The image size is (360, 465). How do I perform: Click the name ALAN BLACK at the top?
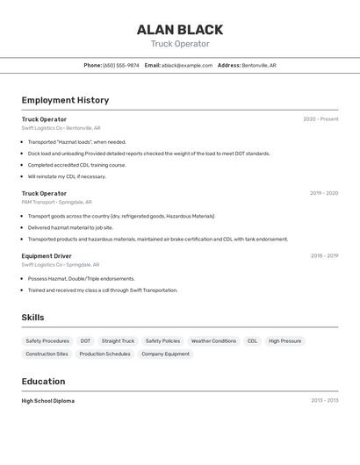pyautogui.click(x=180, y=29)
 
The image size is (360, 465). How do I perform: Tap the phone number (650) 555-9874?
pyautogui.click(x=121, y=65)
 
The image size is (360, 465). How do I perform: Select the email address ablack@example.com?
pyautogui.click(x=187, y=65)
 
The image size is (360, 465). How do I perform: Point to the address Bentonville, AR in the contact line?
pyautogui.click(x=259, y=65)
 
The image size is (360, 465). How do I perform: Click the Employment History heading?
pyautogui.click(x=65, y=100)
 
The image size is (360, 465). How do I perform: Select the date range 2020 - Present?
pyautogui.click(x=320, y=119)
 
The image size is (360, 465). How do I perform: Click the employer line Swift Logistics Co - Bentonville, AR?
pyautogui.click(x=61, y=128)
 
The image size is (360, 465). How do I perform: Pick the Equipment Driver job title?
pyautogui.click(x=47, y=256)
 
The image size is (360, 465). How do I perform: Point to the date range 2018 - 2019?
pyautogui.click(x=324, y=256)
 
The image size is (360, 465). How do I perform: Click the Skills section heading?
pyautogui.click(x=33, y=317)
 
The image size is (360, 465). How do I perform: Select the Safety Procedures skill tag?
pyautogui.click(x=47, y=341)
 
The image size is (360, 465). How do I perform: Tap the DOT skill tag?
pyautogui.click(x=85, y=341)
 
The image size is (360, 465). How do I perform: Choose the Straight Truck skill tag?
pyautogui.click(x=118, y=341)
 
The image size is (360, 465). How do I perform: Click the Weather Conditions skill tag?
pyautogui.click(x=213, y=341)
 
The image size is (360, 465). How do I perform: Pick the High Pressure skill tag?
pyautogui.click(x=284, y=341)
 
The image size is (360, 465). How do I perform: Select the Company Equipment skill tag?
pyautogui.click(x=165, y=354)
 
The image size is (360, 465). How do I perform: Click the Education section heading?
pyautogui.click(x=43, y=382)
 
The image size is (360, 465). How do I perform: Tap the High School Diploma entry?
pyautogui.click(x=48, y=401)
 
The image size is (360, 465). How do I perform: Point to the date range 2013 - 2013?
pyautogui.click(x=324, y=401)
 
